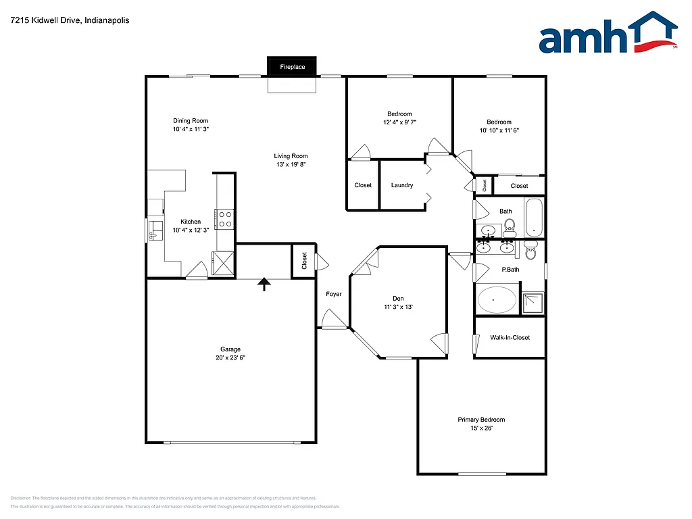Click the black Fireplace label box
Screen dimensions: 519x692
coord(292,67)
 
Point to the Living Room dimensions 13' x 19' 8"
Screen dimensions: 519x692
coord(291,164)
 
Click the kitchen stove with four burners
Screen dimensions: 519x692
coord(224,219)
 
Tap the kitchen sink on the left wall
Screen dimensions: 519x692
coord(155,230)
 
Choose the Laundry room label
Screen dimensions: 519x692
coord(401,185)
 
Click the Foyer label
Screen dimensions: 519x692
coord(333,294)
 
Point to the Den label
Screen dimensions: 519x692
coord(398,298)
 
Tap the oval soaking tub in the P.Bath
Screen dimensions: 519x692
coord(497,299)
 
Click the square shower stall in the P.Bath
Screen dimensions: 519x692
coord(533,303)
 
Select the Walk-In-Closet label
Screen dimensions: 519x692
coord(510,337)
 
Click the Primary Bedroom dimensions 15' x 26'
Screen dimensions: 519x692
coord(480,428)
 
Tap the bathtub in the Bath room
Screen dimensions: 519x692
coord(535,217)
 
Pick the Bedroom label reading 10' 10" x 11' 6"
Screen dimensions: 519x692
coord(499,130)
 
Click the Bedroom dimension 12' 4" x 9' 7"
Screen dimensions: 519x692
coord(399,122)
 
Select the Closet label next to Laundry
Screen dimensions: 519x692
coord(363,185)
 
